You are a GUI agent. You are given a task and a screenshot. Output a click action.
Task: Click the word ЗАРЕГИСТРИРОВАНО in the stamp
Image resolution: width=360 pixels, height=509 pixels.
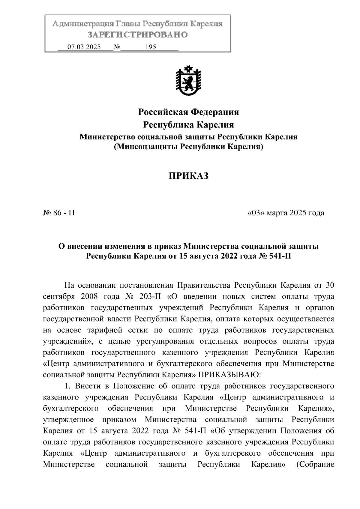coord(137,35)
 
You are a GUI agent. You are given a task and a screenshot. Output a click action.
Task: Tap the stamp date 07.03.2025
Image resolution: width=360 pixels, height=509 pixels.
coord(84,47)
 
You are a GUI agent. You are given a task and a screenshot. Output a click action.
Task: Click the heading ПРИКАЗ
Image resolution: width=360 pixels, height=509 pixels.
coord(188,176)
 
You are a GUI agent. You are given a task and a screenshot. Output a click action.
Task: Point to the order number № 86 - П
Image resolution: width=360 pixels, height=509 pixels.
coord(59,213)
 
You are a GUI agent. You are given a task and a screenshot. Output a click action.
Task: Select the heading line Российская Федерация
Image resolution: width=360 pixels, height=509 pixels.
coord(188,112)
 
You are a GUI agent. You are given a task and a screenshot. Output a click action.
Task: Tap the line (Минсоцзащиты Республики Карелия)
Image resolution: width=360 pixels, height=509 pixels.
coord(188,147)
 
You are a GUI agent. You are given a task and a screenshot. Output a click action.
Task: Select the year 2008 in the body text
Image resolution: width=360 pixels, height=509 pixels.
coord(89,297)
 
